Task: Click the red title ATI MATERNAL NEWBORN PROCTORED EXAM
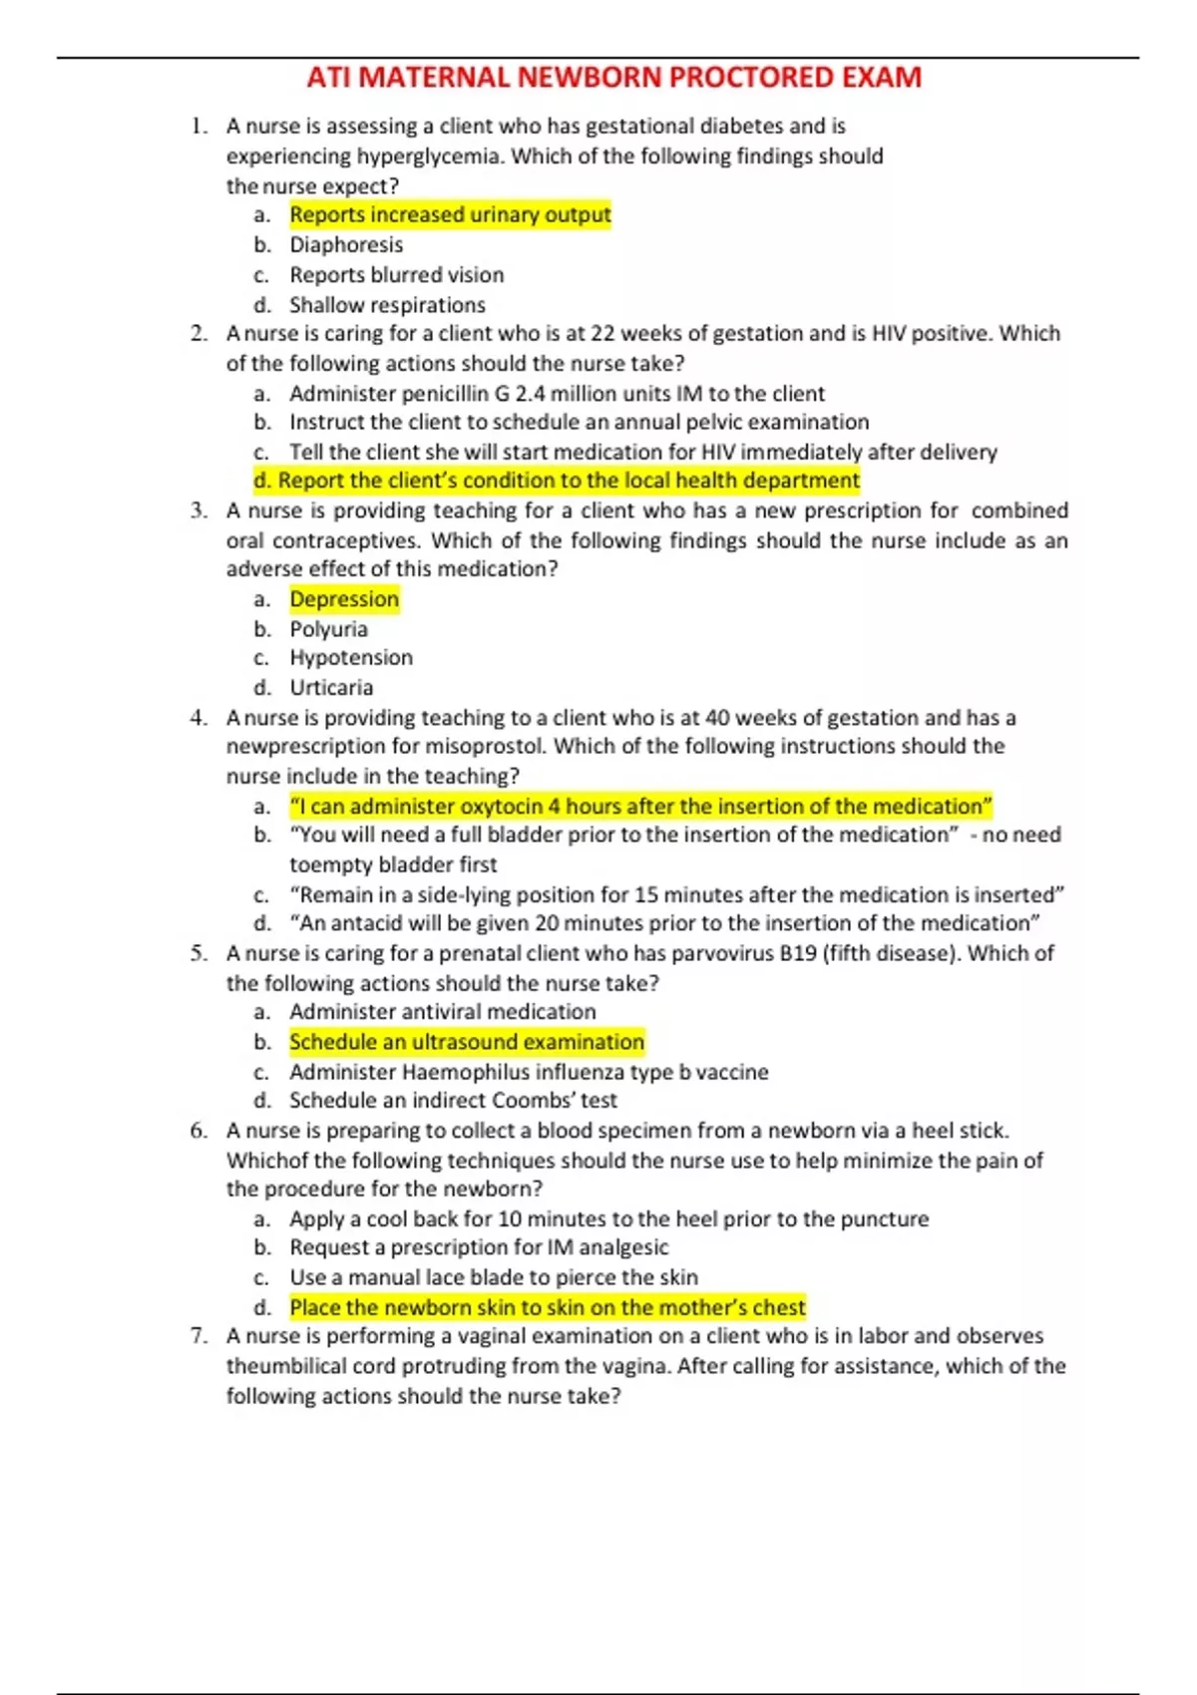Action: pos(613,78)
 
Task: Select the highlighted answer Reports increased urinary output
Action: pos(450,215)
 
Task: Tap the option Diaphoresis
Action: pos(346,245)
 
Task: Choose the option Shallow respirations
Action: pos(387,305)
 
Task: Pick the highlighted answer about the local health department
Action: pos(557,481)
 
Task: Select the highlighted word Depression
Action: pos(344,599)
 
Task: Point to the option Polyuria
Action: pos(328,629)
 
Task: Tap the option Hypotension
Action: pos(351,658)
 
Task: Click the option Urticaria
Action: pos(331,688)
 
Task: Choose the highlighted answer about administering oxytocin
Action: pos(640,807)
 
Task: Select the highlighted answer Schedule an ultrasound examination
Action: pos(467,1042)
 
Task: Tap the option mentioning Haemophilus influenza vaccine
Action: pos(529,1072)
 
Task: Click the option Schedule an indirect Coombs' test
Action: pos(453,1101)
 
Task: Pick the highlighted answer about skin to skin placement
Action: pos(548,1307)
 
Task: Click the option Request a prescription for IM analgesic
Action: pos(479,1247)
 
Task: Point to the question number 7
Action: pos(199,1336)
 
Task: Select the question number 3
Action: pos(199,511)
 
